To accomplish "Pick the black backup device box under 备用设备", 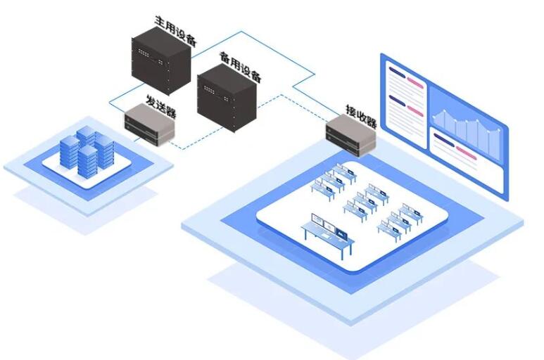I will coord(227,98).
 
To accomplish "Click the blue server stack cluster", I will coord(87,150).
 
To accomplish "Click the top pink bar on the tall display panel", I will coord(415,83).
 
